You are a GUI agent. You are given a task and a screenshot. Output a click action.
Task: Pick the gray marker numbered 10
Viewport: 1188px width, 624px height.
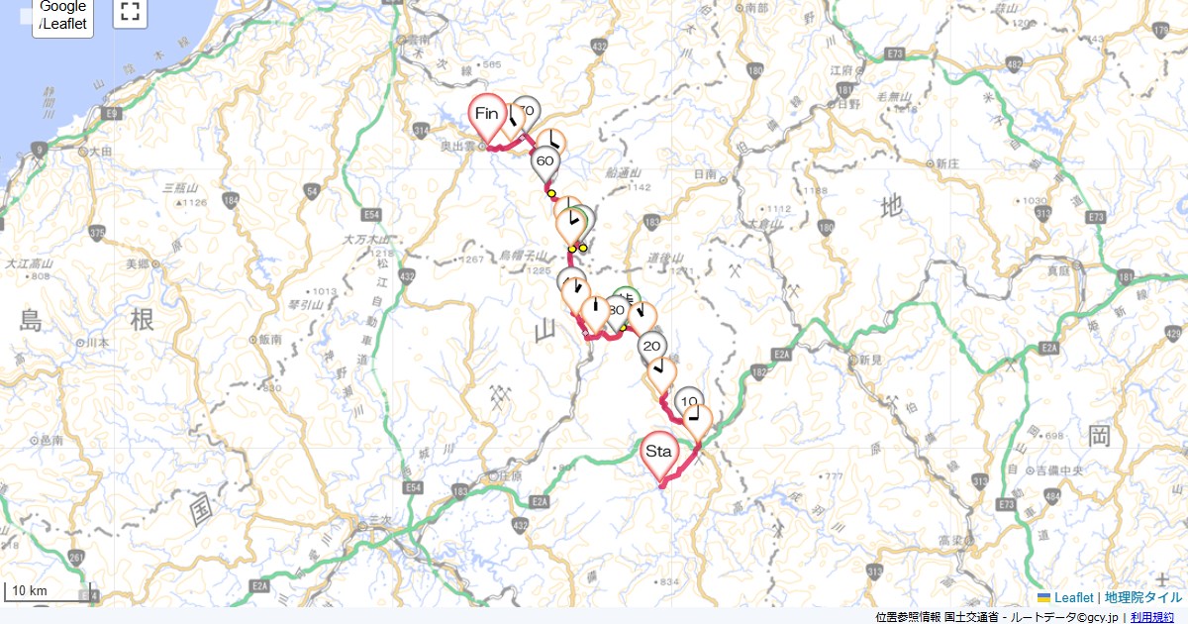point(689,401)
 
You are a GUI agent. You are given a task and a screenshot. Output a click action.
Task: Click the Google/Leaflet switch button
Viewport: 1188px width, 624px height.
point(63,16)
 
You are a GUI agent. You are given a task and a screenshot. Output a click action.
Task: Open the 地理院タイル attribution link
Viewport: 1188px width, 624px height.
point(1142,597)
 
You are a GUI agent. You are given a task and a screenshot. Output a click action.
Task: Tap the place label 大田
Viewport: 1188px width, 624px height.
point(100,153)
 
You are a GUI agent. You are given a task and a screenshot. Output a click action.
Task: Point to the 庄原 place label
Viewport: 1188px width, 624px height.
point(511,475)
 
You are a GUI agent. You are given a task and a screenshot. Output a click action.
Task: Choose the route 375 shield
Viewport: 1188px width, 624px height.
point(96,233)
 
